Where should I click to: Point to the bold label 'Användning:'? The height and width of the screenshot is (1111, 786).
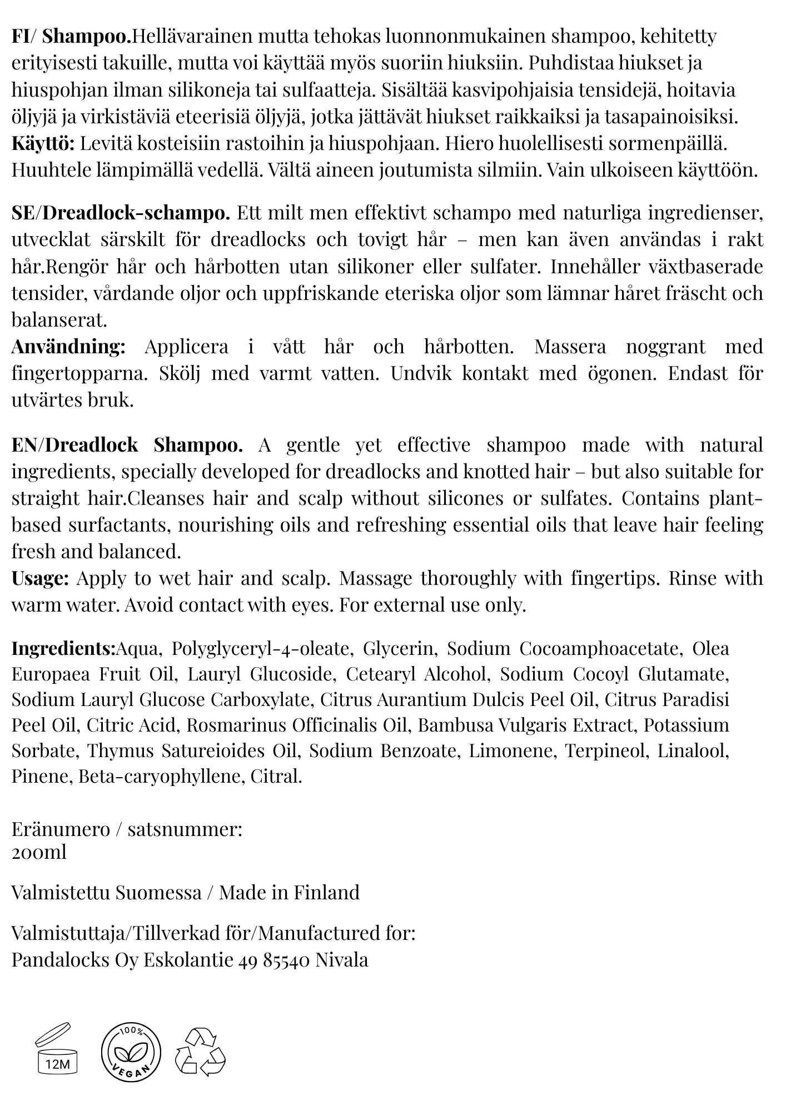coord(68,347)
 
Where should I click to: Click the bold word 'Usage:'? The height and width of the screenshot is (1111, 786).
coord(40,578)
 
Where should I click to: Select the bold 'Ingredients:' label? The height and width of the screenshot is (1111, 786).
coord(63,648)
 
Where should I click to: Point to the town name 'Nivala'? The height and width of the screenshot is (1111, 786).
coord(342,960)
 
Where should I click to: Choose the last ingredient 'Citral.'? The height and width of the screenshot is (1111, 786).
coord(276,777)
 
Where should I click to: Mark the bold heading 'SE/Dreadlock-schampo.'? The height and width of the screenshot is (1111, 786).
coord(121,213)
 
